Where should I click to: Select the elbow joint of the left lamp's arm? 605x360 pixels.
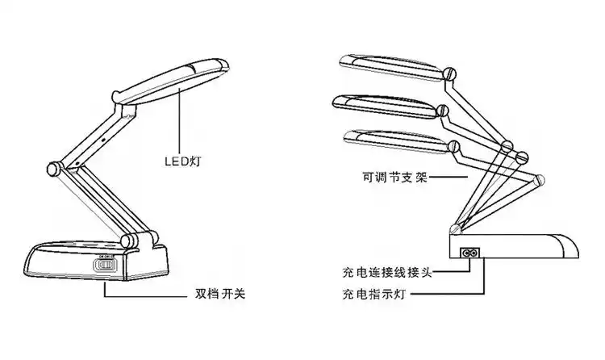click(54, 170)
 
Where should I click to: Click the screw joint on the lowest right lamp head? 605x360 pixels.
click(456, 146)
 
